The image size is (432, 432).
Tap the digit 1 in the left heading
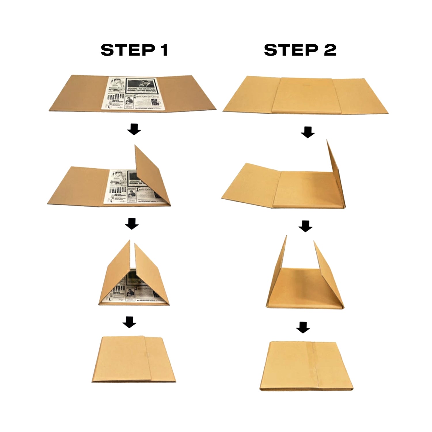pyautogui.click(x=164, y=50)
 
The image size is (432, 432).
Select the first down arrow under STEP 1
pyautogui.click(x=134, y=130)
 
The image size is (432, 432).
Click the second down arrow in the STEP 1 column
pyautogui.click(x=132, y=224)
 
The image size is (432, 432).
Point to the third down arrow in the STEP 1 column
pyautogui.click(x=129, y=322)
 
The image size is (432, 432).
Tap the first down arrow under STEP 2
pyautogui.click(x=308, y=132)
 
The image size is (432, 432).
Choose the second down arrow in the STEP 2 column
pyautogui.click(x=305, y=226)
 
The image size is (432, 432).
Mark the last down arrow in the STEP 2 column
pyautogui.click(x=303, y=327)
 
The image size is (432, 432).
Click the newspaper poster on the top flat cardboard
pyautogui.click(x=134, y=93)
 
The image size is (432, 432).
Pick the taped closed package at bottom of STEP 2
pyautogui.click(x=306, y=366)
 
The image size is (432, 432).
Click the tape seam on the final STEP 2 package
pyautogui.click(x=314, y=366)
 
